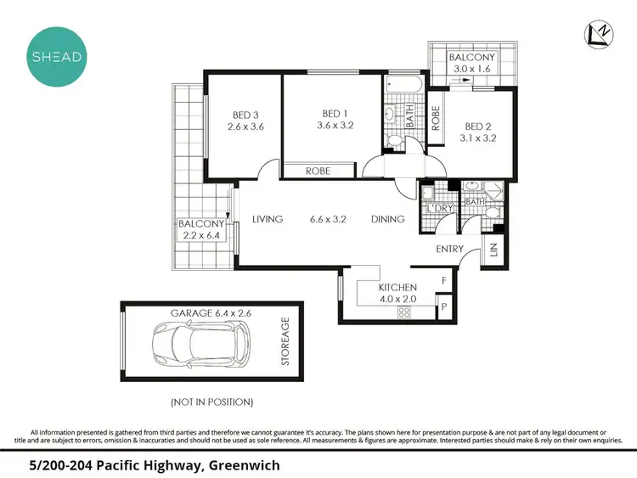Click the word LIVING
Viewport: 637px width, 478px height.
(x=268, y=219)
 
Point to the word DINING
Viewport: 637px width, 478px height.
(x=387, y=219)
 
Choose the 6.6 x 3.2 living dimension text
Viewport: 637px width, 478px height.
(x=327, y=219)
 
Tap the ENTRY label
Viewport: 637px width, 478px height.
(x=450, y=249)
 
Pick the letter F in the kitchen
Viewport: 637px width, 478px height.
(x=443, y=281)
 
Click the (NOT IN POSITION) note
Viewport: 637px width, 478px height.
(x=212, y=402)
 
